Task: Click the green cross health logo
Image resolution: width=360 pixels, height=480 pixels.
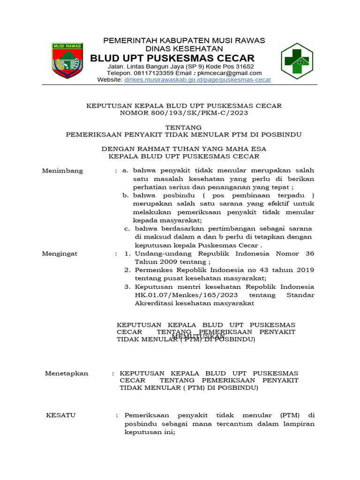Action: [x=296, y=61]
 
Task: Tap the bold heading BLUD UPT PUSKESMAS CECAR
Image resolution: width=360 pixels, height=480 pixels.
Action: [x=172, y=58]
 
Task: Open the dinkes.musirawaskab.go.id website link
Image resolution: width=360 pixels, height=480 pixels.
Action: [x=197, y=80]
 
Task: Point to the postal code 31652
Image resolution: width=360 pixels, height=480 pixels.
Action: [x=244, y=67]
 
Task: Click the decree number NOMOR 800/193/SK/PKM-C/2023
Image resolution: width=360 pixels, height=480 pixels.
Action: [x=184, y=113]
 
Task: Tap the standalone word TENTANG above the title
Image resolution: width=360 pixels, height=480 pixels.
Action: [x=184, y=127]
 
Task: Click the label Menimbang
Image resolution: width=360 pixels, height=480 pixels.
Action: [x=62, y=171]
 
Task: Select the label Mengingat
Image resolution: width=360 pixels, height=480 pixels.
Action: [x=60, y=254]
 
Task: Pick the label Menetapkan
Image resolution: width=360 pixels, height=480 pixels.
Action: [x=66, y=373]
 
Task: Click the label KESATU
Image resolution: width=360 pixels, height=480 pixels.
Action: [x=60, y=415]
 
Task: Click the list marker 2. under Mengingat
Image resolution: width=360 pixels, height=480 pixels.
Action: [x=127, y=270]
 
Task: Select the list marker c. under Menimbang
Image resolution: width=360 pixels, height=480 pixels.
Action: [x=127, y=229]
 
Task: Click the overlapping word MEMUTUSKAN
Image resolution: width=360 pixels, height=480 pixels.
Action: [x=199, y=337]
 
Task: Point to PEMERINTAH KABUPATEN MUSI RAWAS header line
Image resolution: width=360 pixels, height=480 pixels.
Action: [x=184, y=41]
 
